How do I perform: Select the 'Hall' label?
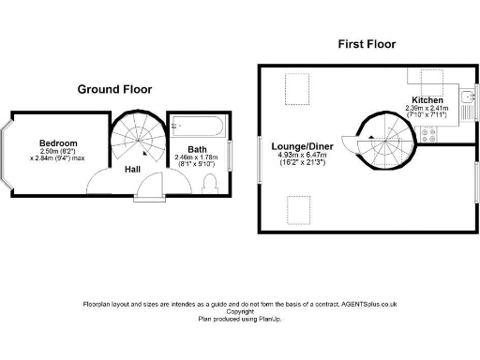pyautogui.click(x=133, y=169)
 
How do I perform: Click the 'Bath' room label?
pyautogui.click(x=197, y=149)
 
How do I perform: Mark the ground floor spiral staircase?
pyautogui.click(x=137, y=139)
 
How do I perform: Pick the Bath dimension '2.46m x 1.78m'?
pyautogui.click(x=196, y=157)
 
